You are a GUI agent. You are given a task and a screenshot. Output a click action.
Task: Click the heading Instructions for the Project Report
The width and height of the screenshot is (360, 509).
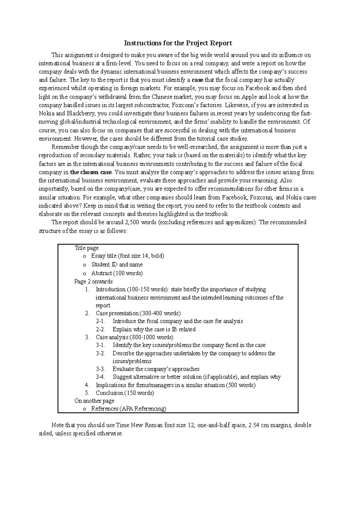tap(178, 43)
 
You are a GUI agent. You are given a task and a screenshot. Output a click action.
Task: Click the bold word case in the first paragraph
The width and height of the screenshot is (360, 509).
tap(197, 80)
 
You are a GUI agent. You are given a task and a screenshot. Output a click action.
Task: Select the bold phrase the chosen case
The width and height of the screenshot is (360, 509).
tap(91, 172)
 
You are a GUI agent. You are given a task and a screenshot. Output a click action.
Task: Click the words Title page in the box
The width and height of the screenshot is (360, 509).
tap(86, 248)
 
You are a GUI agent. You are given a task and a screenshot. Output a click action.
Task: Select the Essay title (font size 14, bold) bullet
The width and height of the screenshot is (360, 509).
tap(127, 256)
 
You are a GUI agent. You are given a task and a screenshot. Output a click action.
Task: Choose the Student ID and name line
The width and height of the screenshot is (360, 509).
tap(117, 265)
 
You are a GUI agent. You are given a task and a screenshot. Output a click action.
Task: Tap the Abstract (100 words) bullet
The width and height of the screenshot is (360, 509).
tap(117, 273)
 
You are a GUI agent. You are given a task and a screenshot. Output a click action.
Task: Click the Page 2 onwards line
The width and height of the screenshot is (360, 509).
tap(94, 282)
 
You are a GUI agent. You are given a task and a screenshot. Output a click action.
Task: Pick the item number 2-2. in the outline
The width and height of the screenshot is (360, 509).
tap(100, 329)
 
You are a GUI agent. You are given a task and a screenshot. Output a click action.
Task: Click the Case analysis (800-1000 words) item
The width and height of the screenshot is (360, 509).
tap(134, 337)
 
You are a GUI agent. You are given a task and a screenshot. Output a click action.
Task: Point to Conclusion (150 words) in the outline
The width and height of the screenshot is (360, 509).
tap(125, 393)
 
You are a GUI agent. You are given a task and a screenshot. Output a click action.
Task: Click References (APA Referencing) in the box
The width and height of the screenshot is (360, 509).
tap(129, 409)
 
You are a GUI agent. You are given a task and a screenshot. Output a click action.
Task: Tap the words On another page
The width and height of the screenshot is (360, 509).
tap(94, 401)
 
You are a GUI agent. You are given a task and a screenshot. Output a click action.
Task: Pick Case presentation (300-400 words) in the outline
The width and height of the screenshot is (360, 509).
tap(138, 314)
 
